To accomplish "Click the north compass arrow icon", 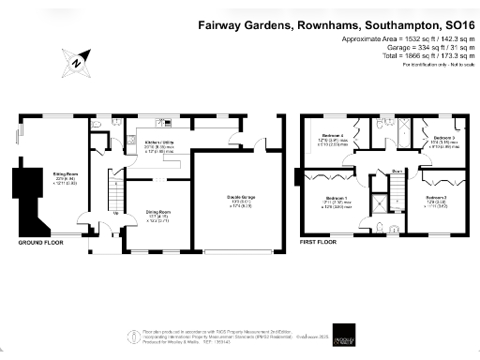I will pyautogui.click(x=74, y=62).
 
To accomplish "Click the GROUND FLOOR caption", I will pyautogui.click(x=40, y=242).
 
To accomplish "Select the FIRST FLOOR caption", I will pyautogui.click(x=319, y=242).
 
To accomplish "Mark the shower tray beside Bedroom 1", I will pyautogui.click(x=382, y=204).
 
